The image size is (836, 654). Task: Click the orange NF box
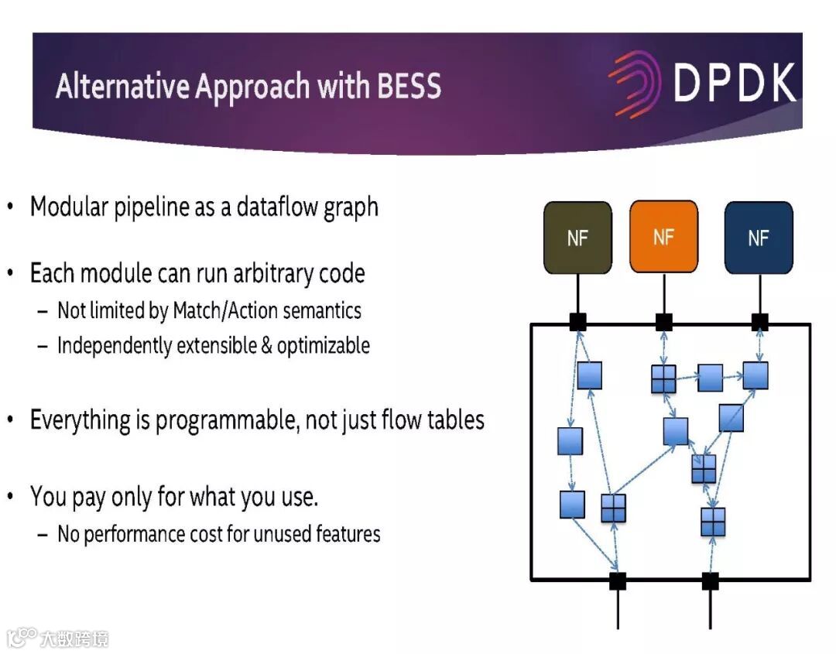point(663,237)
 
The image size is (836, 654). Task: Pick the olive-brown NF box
point(577,238)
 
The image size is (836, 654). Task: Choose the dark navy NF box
point(759,238)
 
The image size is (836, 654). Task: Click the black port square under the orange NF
point(663,322)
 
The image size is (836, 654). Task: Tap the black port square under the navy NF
point(759,322)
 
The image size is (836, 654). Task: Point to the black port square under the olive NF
point(577,322)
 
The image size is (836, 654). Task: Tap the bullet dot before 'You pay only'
point(10,495)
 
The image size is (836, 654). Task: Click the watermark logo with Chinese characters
point(58,638)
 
